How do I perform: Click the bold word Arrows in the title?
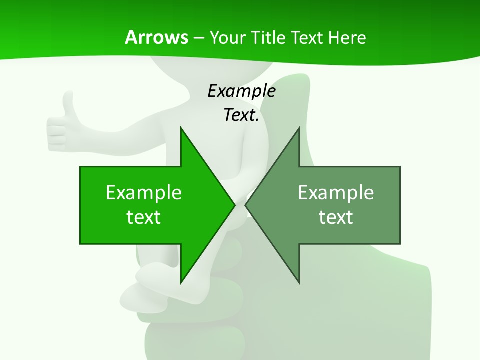tap(156, 37)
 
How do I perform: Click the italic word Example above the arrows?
tap(241, 91)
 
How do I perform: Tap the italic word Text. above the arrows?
tap(241, 115)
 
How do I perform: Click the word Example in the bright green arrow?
tap(144, 193)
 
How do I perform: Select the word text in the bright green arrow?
tap(144, 217)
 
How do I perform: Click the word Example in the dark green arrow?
tap(336, 193)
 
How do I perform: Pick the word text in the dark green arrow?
tap(336, 217)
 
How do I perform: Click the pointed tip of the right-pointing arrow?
tap(235, 205)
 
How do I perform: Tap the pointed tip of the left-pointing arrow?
tap(245, 205)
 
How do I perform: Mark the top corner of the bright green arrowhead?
tap(181, 127)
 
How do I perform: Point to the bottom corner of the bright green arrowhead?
tap(181, 283)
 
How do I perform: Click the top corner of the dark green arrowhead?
tap(299, 127)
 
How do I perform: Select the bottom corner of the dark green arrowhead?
tap(299, 283)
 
